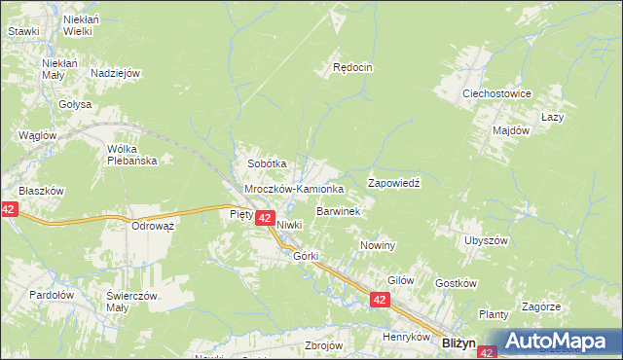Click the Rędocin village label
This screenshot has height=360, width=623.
tap(353, 67)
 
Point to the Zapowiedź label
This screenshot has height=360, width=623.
tap(393, 182)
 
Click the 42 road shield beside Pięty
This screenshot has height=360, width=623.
tap(264, 219)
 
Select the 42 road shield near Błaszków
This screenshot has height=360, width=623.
tap(9, 209)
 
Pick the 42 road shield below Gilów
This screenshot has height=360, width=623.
tap(380, 303)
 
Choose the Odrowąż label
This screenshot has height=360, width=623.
tap(152, 226)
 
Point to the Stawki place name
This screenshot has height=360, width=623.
tap(23, 31)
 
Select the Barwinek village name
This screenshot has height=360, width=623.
tap(339, 210)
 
